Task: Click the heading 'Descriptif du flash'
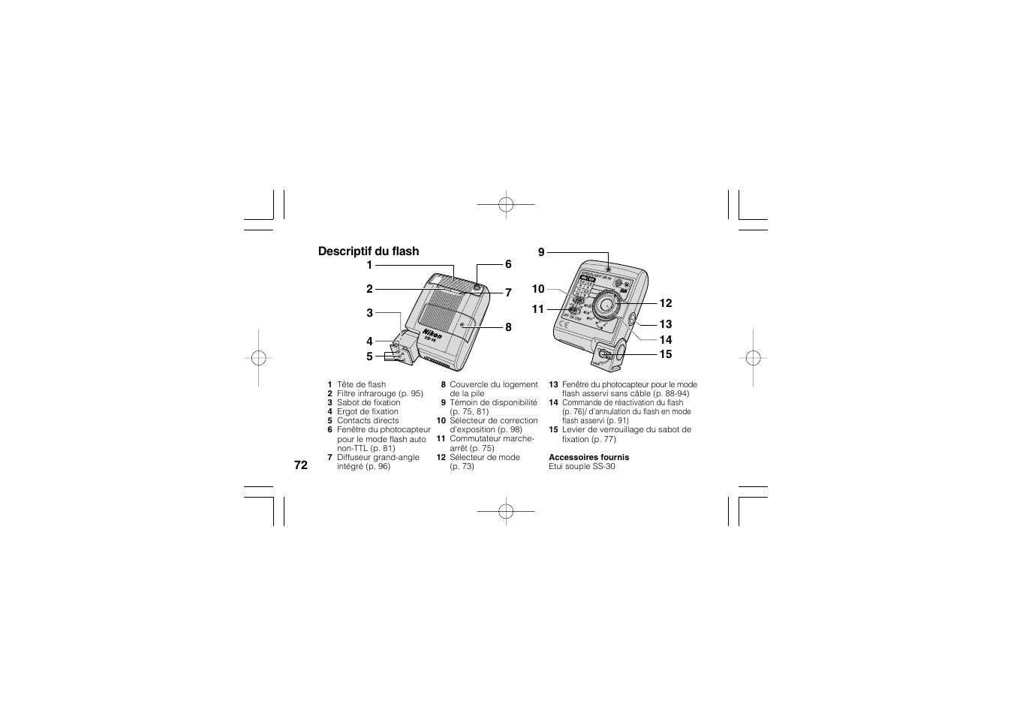click(x=368, y=251)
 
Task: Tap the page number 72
click(x=300, y=465)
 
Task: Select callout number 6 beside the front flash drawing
click(x=508, y=264)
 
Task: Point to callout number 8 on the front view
click(x=508, y=327)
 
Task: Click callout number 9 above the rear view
click(x=540, y=253)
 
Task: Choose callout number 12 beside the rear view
click(x=666, y=303)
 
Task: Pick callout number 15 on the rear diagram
click(x=666, y=354)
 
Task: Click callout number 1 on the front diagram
click(x=369, y=265)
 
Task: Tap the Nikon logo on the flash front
click(x=432, y=335)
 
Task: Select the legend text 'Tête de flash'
click(x=361, y=384)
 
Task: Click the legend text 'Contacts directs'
click(x=368, y=420)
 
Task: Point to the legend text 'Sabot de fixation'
click(x=369, y=402)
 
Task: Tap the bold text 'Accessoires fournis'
click(x=588, y=457)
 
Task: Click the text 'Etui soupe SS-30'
click(x=582, y=466)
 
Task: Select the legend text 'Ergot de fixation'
click(x=368, y=411)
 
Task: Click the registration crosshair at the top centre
click(x=506, y=203)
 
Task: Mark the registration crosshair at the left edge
click(x=258, y=358)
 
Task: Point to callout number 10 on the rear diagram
click(x=538, y=289)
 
